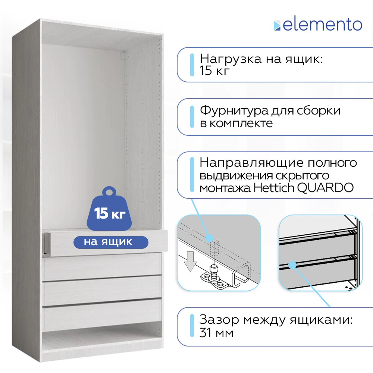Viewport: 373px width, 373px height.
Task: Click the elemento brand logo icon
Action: pyautogui.click(x=277, y=25)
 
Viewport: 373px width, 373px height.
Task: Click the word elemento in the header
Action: pyautogui.click(x=323, y=25)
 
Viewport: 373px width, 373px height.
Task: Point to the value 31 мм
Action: pyautogui.click(x=217, y=333)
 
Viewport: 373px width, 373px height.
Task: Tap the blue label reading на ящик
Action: pyautogui.click(x=108, y=242)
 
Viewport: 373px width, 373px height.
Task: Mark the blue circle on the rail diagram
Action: pyautogui.click(x=209, y=237)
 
